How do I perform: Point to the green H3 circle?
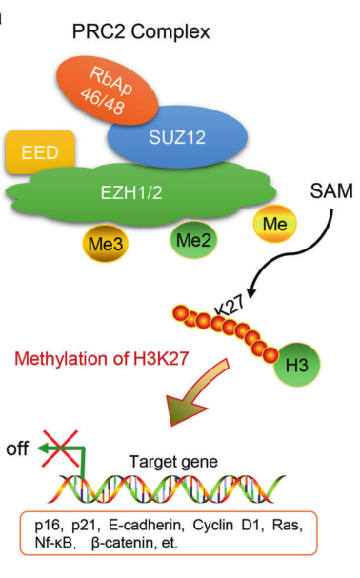tap(299, 363)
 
